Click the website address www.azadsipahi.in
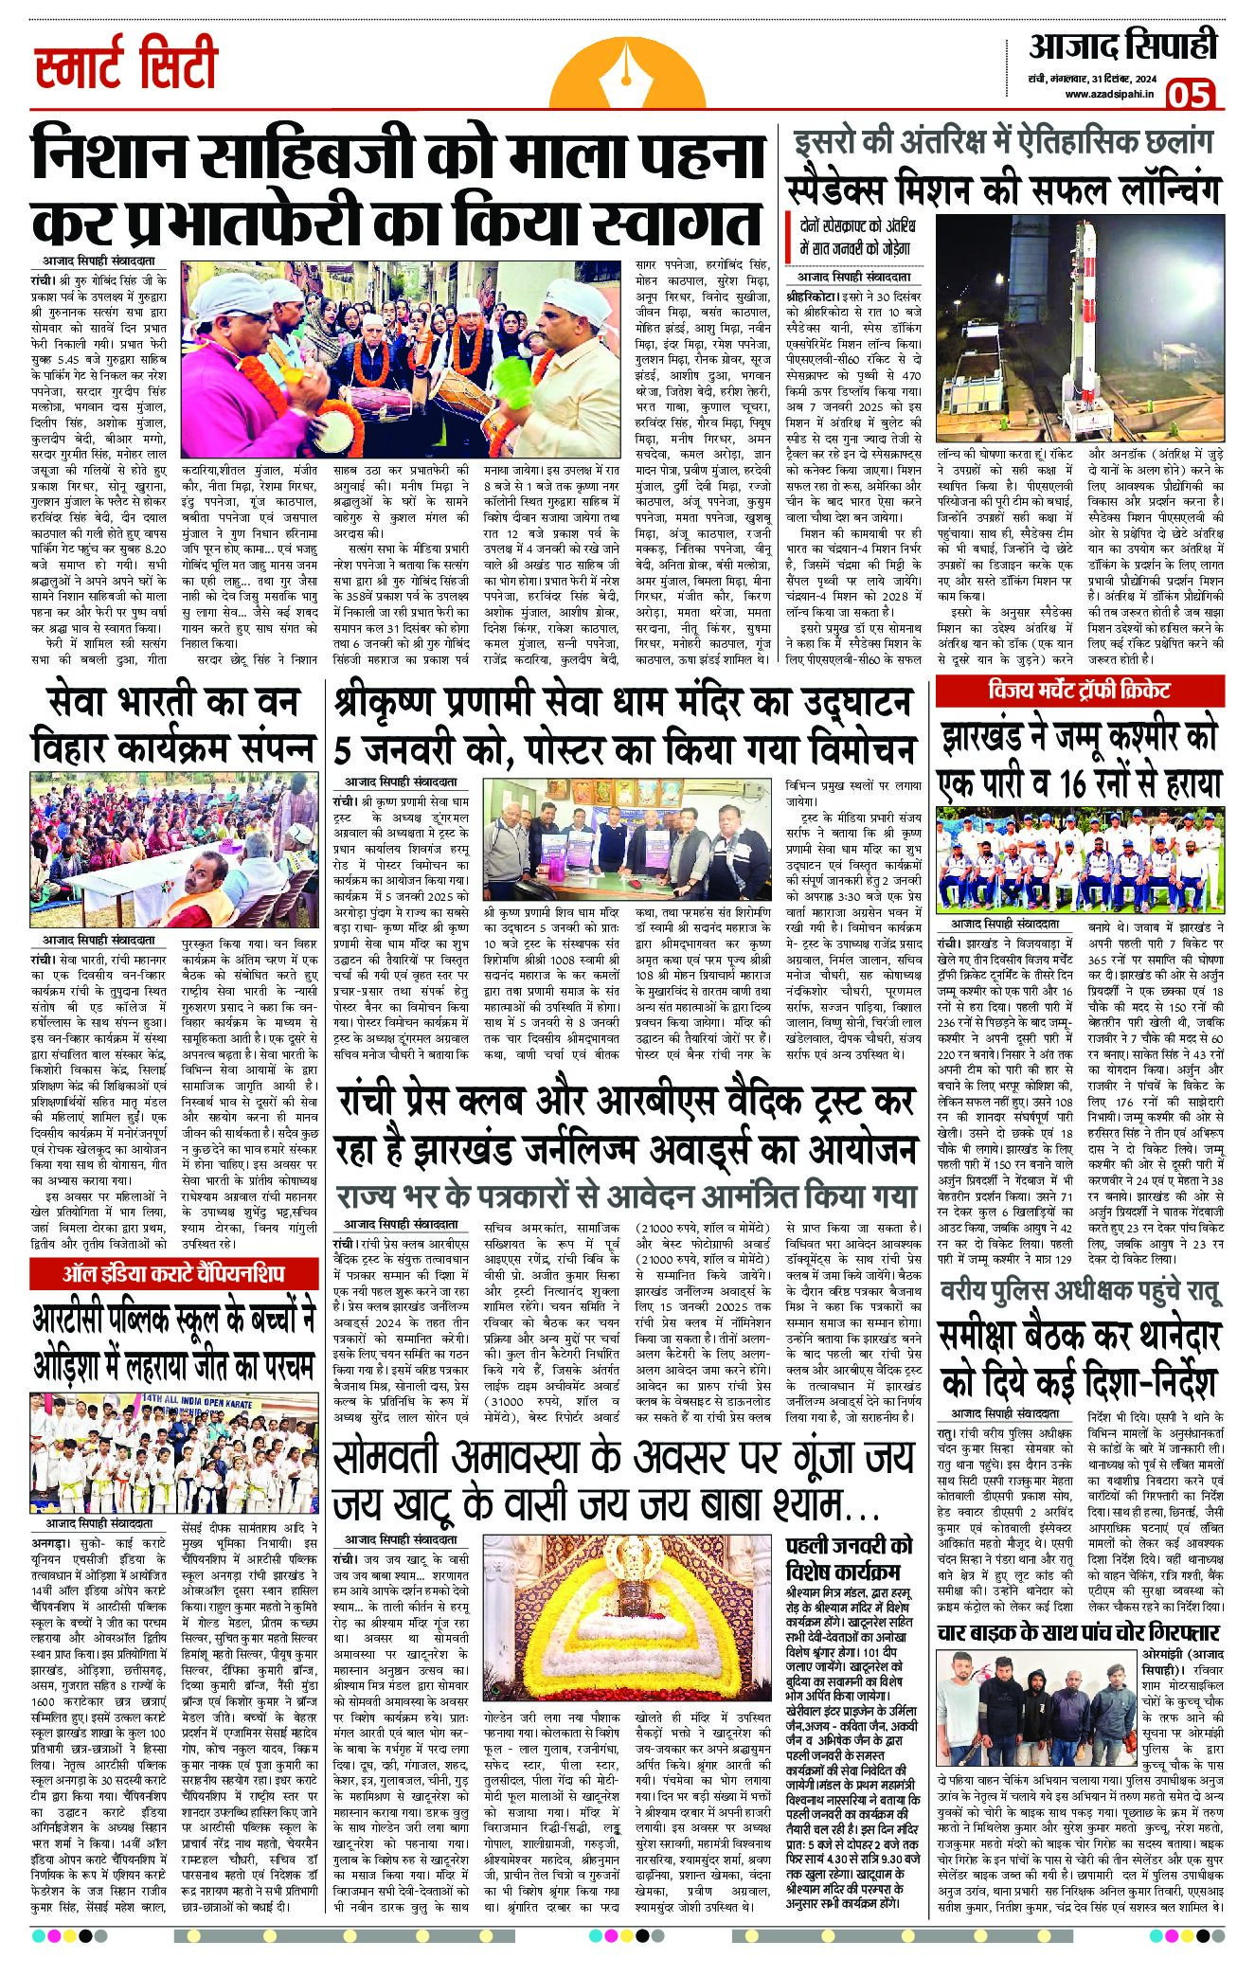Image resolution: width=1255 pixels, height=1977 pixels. click(x=1107, y=93)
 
